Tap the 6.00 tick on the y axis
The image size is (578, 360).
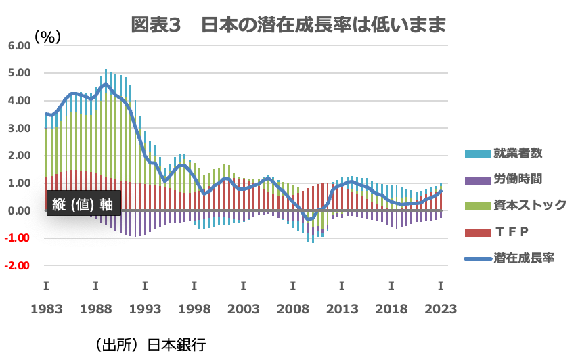pyautogui.click(x=20, y=45)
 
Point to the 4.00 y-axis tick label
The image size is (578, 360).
pyautogui.click(x=20, y=100)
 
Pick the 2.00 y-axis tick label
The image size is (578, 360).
pyautogui.click(x=20, y=156)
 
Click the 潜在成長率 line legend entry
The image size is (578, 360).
pyautogui.click(x=524, y=258)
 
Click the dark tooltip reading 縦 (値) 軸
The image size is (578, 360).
pyautogui.click(x=83, y=203)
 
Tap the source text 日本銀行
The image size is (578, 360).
pyautogui.click(x=177, y=345)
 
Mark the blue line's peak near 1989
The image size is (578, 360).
pyautogui.click(x=106, y=84)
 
